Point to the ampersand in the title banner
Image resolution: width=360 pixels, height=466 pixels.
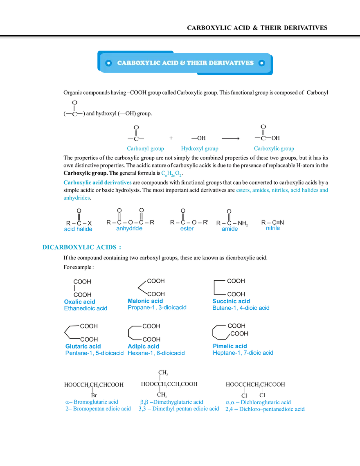pyautogui.click(x=182, y=63)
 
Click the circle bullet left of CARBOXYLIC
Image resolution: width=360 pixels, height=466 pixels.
pyautogui.click(x=108, y=63)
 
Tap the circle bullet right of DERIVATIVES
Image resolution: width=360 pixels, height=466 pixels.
pyautogui.click(x=262, y=63)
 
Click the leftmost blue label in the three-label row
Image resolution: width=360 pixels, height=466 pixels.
pyautogui.click(x=146, y=149)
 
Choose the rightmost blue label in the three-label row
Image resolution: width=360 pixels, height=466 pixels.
pyautogui.click(x=274, y=149)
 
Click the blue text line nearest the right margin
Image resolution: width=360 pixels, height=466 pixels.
pyautogui.click(x=283, y=190)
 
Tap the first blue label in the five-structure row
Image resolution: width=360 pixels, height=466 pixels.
pyautogui.click(x=78, y=229)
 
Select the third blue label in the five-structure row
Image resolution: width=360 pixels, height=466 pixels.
pyautogui.click(x=187, y=229)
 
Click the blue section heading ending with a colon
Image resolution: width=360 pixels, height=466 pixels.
pyautogui.click(x=81, y=247)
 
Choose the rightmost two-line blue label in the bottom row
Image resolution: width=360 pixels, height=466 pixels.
pyautogui.click(x=265, y=405)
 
